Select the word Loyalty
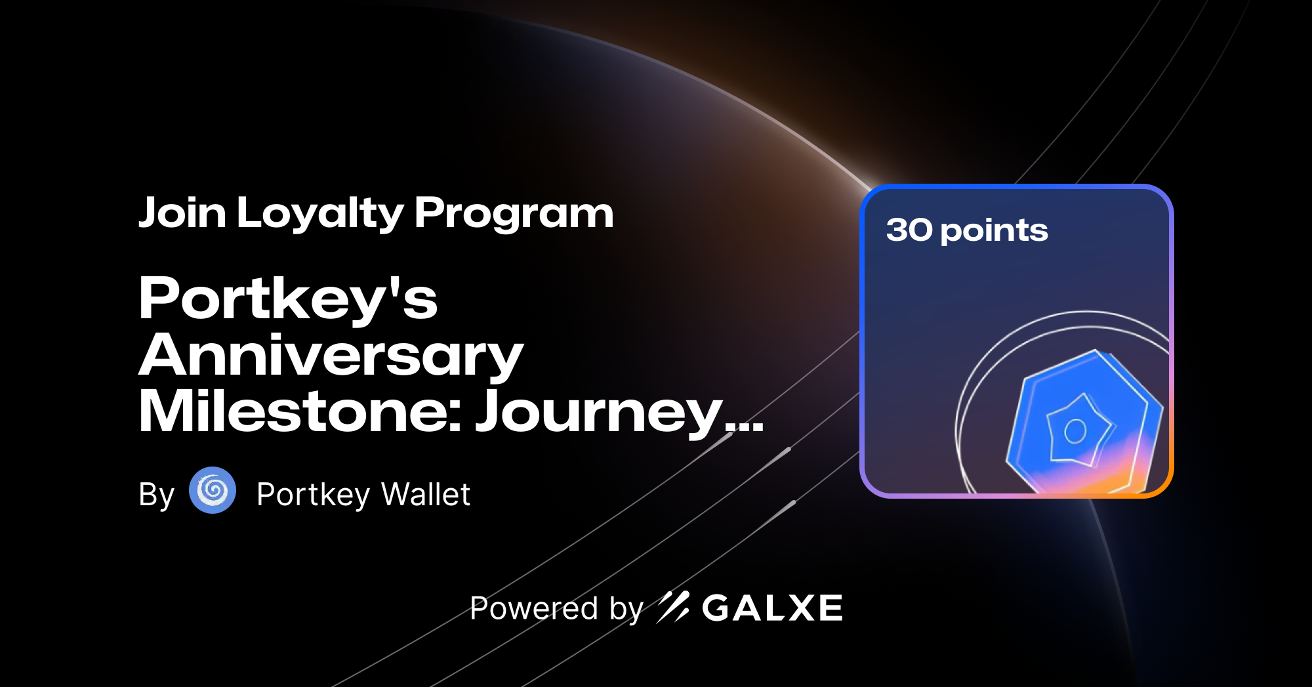(320, 215)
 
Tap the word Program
(514, 215)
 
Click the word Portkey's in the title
(287, 299)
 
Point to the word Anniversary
(331, 356)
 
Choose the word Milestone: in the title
(300, 412)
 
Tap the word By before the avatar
(156, 495)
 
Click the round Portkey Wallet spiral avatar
(213, 490)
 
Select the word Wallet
(426, 495)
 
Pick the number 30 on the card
(909, 230)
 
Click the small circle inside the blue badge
(1075, 431)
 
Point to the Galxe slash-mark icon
(673, 607)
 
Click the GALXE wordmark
(772, 608)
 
